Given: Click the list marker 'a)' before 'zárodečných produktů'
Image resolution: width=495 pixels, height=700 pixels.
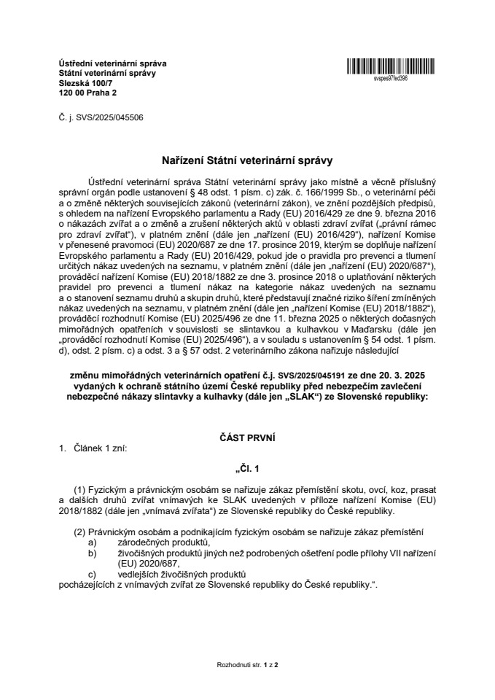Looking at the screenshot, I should (92, 543).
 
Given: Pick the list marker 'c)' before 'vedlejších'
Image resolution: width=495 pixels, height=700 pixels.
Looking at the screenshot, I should (92, 575).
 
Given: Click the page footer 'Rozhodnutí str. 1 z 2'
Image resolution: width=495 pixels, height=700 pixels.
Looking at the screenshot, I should (248, 665).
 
